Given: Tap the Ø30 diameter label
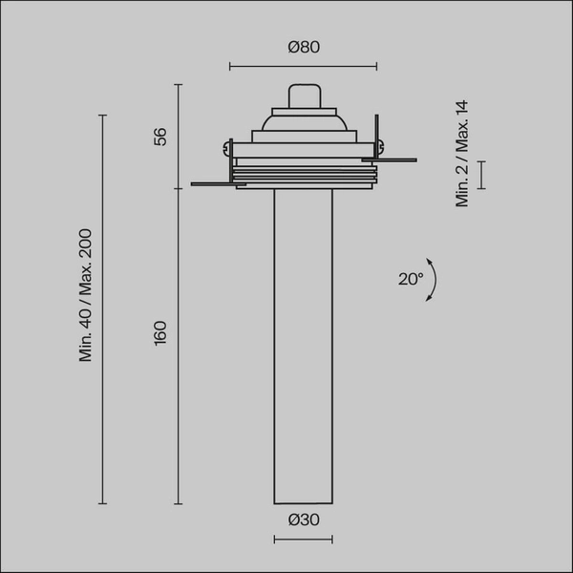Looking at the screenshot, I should tap(303, 520).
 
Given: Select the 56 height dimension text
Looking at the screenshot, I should tap(160, 137).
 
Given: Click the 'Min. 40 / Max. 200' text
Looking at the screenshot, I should tap(85, 295).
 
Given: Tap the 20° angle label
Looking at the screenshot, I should tap(410, 279).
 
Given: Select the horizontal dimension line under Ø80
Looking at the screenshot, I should tap(303, 67).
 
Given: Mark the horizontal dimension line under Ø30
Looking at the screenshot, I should tap(303, 540).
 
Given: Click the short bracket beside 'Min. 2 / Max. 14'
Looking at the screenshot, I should tap(482, 175).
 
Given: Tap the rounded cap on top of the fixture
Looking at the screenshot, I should tap(303, 95).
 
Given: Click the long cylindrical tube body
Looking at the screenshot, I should tap(303, 344).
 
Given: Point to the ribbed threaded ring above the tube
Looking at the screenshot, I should tap(303, 175).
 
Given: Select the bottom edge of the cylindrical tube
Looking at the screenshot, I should tap(303, 503).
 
